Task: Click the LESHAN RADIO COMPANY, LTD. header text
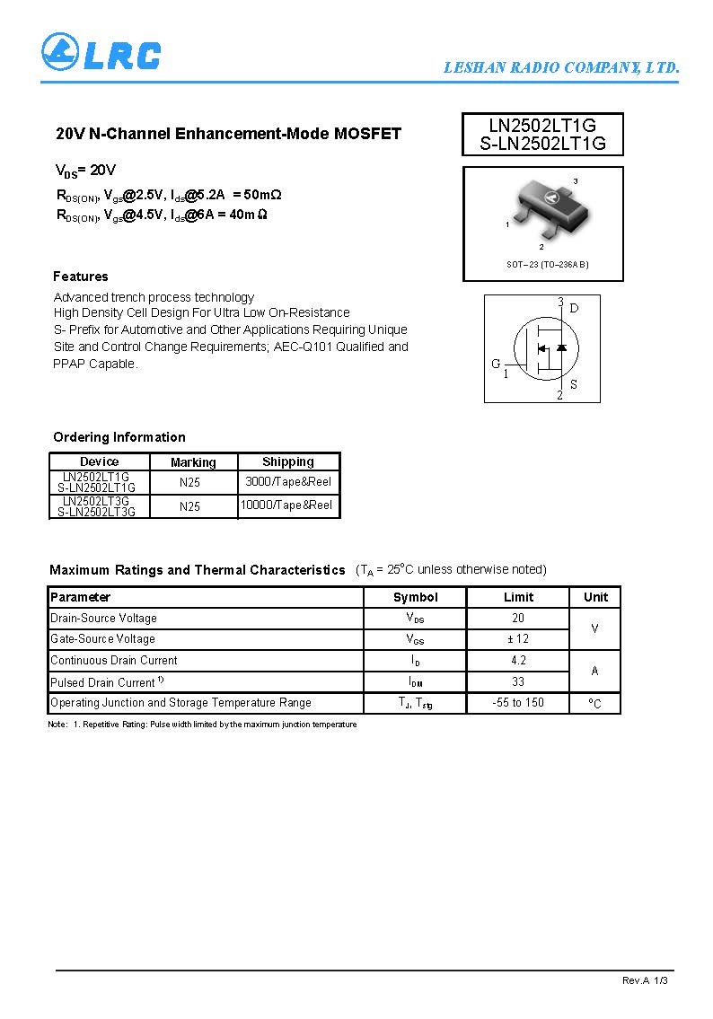coord(561,67)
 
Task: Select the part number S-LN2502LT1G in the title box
coord(542,143)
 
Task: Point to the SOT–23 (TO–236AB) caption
coord(548,264)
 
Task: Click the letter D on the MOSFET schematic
coord(575,308)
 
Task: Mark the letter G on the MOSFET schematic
coord(496,364)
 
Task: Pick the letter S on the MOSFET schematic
coord(573,385)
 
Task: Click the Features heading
coord(81,277)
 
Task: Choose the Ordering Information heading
coord(119,437)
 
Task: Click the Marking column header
coord(193,462)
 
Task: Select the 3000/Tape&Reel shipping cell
coord(288,482)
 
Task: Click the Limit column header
coord(518,597)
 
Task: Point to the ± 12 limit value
coord(518,638)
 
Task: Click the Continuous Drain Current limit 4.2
coord(518,660)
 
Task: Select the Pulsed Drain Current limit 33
coord(518,681)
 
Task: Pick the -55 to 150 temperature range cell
coord(518,702)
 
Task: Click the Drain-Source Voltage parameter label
coord(103,618)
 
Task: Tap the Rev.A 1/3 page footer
coord(645,980)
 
